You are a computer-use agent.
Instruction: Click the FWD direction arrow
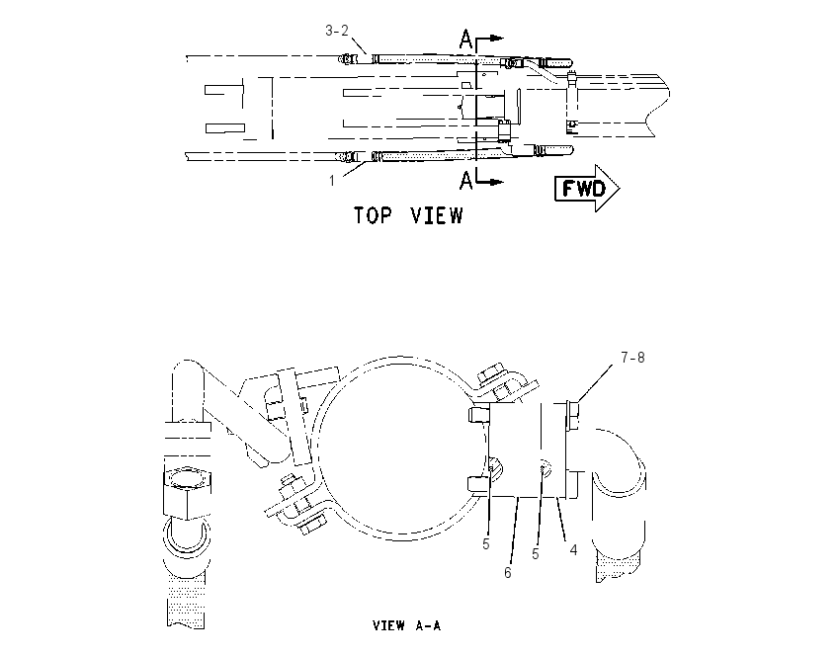(x=587, y=188)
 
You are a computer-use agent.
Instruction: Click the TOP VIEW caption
(x=408, y=215)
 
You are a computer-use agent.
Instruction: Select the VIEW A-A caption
(x=406, y=625)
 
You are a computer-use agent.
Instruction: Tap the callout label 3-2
(x=337, y=31)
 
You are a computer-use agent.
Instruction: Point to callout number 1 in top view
(x=332, y=181)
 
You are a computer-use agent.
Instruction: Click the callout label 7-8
(x=632, y=358)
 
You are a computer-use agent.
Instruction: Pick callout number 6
(x=508, y=572)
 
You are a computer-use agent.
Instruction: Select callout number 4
(x=574, y=550)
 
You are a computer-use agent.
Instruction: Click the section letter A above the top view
(x=466, y=40)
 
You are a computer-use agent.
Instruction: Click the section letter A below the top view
(x=466, y=181)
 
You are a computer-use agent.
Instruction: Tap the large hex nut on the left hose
(x=187, y=493)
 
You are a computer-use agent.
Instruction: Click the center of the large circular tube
(x=400, y=449)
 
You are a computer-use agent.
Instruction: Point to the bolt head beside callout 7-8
(x=572, y=416)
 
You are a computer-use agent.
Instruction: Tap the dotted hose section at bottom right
(x=617, y=568)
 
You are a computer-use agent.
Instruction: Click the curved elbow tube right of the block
(x=619, y=471)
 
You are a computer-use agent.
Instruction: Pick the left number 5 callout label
(x=486, y=544)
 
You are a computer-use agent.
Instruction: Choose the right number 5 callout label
(x=536, y=554)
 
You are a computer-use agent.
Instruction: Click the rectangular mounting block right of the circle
(x=529, y=450)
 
